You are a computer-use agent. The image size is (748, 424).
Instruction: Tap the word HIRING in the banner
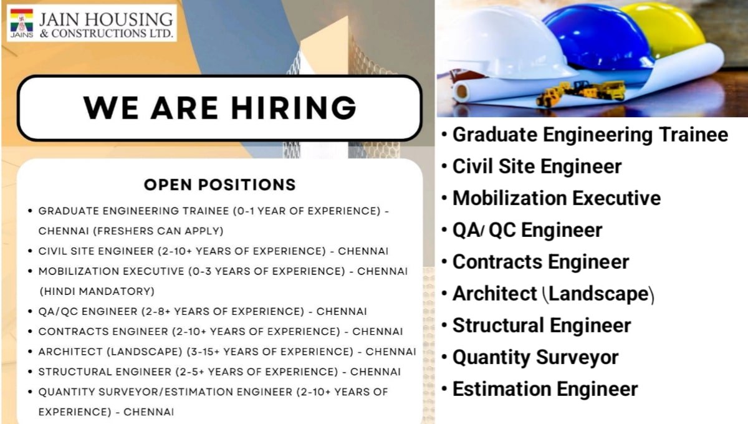click(294, 107)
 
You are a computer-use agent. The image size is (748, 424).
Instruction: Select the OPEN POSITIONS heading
click(219, 185)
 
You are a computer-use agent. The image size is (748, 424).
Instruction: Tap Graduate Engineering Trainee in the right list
click(590, 135)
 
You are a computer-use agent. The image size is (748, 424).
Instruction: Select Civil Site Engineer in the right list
click(537, 166)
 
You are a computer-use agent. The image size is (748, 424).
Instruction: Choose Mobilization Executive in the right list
click(556, 198)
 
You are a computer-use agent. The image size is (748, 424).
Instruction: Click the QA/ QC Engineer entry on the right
click(527, 230)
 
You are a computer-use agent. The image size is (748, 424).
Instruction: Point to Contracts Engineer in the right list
click(540, 262)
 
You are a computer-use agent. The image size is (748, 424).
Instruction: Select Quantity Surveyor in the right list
click(535, 357)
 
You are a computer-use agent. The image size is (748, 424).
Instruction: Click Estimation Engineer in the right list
click(545, 389)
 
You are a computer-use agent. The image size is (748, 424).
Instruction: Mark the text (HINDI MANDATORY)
click(97, 291)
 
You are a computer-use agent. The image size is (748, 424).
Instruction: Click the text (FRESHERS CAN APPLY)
click(131, 231)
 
